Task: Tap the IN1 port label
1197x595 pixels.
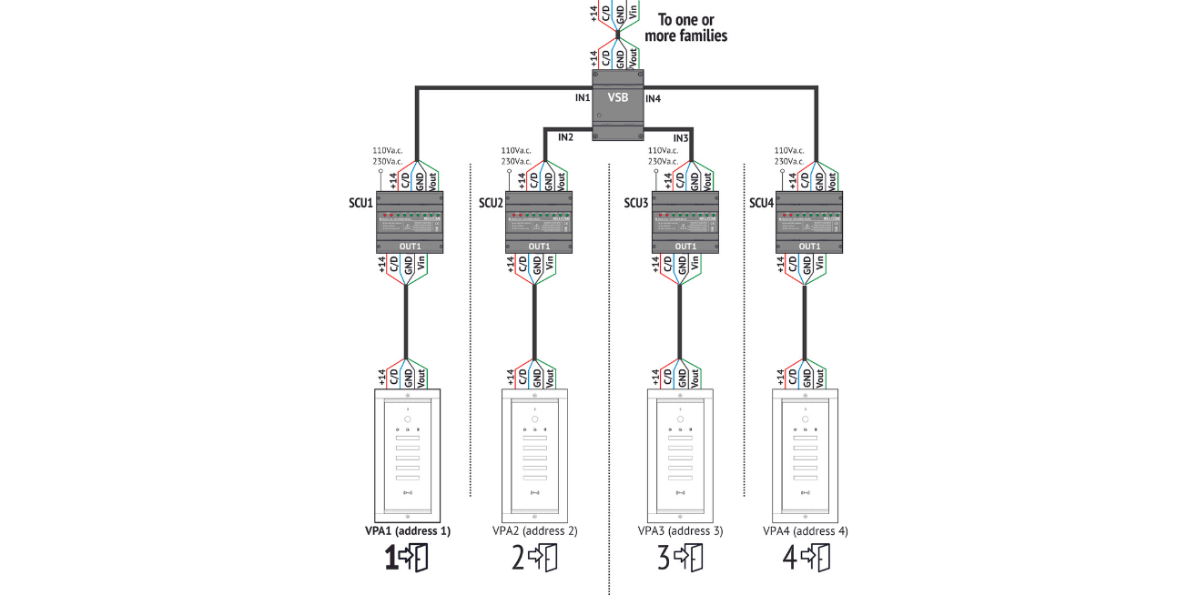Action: [x=583, y=97]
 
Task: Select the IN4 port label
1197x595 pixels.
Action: [x=654, y=97]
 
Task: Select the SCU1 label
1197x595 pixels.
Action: [x=362, y=203]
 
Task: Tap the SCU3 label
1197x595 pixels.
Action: [x=636, y=203]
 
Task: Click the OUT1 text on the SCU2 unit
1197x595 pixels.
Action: [x=539, y=246]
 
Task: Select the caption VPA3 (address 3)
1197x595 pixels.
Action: [x=680, y=530]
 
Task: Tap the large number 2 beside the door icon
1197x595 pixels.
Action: [x=518, y=558]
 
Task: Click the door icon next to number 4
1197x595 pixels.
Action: [x=819, y=557]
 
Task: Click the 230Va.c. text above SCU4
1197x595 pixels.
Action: [x=789, y=161]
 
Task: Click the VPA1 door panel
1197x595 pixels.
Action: [x=408, y=455]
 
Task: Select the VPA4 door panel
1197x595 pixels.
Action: [x=806, y=455]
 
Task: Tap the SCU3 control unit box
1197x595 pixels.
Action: [x=685, y=222]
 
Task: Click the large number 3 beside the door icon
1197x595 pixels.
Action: [x=664, y=558]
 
